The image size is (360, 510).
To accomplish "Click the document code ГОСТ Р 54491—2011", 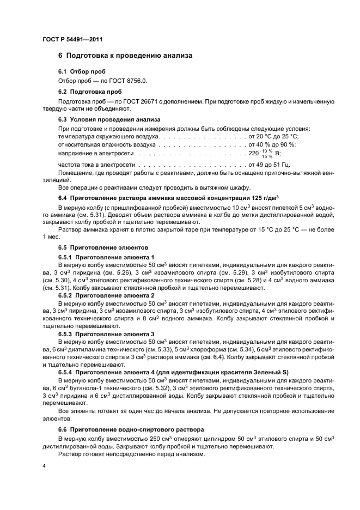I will point(72,40).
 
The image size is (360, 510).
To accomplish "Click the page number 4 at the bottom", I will point(44,466).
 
